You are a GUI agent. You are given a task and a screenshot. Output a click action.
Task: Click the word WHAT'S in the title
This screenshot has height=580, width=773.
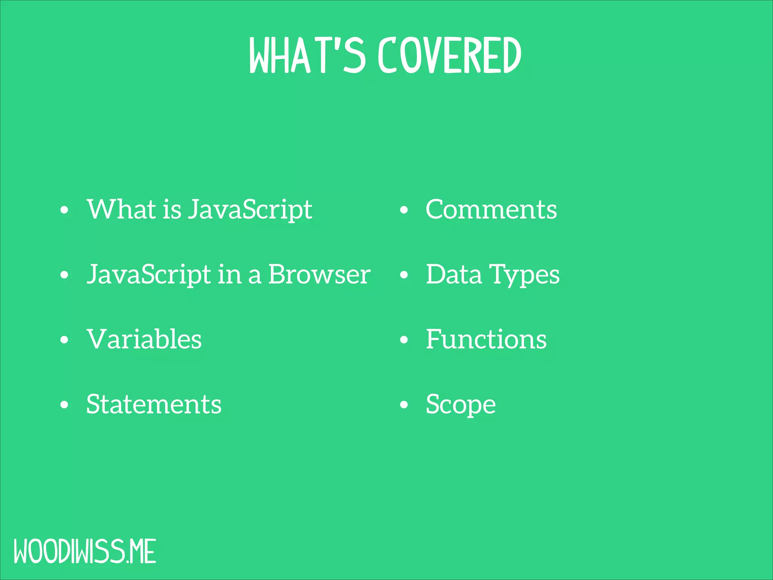click(x=307, y=55)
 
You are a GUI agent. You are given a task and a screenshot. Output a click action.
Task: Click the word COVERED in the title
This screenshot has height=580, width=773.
click(x=449, y=55)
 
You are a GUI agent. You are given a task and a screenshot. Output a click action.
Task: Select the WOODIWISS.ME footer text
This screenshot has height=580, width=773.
click(x=85, y=552)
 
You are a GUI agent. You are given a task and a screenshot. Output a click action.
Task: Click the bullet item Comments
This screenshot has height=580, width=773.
click(x=491, y=210)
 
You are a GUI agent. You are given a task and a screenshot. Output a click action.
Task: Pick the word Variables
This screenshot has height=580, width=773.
click(x=144, y=339)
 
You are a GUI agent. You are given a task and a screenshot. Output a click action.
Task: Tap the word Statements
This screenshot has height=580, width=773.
click(x=154, y=404)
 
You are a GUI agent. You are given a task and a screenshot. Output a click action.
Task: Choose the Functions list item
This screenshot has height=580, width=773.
click(x=486, y=339)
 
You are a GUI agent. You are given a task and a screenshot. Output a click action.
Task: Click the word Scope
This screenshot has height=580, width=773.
click(x=460, y=405)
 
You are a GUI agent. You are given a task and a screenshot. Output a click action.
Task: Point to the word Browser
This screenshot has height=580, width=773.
click(x=319, y=275)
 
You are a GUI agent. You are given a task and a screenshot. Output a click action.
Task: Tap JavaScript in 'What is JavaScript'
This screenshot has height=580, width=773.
click(x=250, y=210)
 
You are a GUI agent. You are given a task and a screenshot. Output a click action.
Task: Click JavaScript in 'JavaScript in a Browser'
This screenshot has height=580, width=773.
click(x=149, y=275)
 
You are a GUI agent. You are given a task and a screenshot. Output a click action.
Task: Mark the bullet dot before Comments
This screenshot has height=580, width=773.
click(x=404, y=210)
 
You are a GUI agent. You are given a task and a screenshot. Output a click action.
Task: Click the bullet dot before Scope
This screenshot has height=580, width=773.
click(x=404, y=405)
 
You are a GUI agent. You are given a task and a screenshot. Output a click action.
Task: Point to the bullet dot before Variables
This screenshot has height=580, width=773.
click(x=65, y=339)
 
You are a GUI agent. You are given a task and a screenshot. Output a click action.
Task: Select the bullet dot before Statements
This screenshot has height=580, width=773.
click(x=65, y=405)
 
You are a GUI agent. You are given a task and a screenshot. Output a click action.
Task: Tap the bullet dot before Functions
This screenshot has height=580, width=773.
click(x=404, y=339)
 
